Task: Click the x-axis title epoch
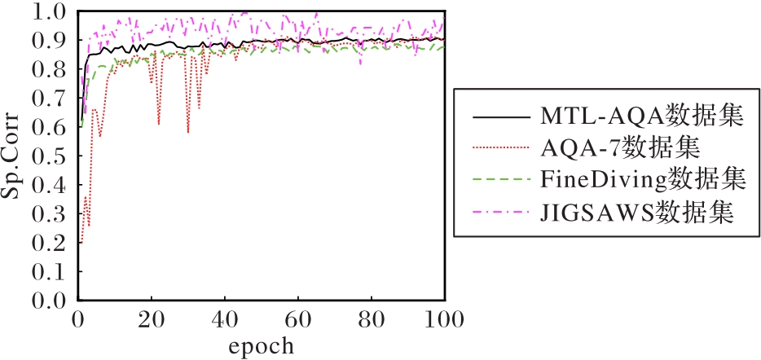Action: tap(260, 345)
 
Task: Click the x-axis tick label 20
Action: tap(152, 318)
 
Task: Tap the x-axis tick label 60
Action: tap(298, 318)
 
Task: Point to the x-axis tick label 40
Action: tap(225, 318)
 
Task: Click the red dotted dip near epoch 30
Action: tap(188, 131)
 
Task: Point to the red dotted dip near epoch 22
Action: tap(159, 123)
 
